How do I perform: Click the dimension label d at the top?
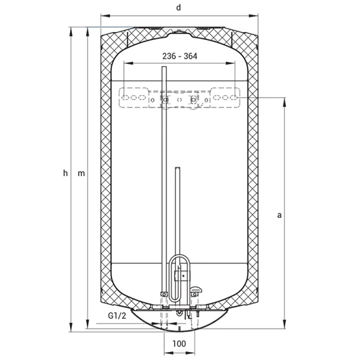point(179,7)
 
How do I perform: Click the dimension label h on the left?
point(65,173)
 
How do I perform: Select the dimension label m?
point(81,173)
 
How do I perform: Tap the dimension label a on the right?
point(279,215)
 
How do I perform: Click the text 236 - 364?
point(180,56)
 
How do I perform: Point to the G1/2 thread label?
point(117,316)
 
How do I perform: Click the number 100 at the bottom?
point(179,344)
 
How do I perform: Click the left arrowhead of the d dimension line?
point(105,15)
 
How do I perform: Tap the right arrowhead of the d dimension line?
point(253,15)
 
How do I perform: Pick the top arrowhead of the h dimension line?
point(71,31)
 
